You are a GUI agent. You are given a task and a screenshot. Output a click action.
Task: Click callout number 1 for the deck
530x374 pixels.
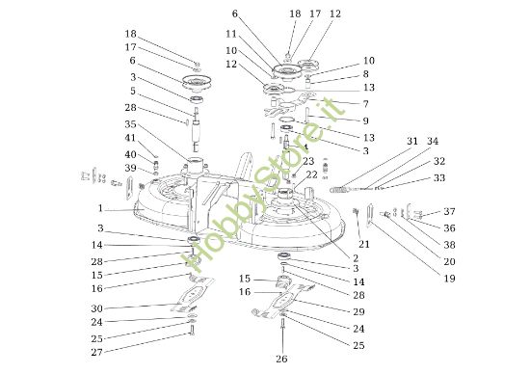click(100, 208)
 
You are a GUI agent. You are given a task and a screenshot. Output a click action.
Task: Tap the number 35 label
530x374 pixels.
click(130, 124)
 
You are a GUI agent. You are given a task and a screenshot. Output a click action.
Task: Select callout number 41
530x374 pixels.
click(130, 138)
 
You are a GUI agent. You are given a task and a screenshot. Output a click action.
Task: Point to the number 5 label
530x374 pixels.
click(133, 91)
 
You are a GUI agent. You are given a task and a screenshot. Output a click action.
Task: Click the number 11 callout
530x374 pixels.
click(231, 34)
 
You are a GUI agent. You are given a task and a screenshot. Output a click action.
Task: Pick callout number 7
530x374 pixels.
click(366, 104)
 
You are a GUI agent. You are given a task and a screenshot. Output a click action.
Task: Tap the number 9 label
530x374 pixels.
click(366, 120)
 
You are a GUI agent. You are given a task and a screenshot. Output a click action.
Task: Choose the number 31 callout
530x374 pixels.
click(412, 141)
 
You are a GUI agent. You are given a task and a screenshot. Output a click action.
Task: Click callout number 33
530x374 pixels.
click(439, 178)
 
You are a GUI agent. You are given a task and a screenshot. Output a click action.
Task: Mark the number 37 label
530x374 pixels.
click(450, 211)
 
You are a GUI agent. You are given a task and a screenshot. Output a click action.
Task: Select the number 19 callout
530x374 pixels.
click(450, 279)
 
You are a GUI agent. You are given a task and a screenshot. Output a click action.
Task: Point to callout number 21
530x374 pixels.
click(364, 244)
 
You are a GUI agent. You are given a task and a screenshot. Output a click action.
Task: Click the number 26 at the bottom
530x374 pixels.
click(281, 359)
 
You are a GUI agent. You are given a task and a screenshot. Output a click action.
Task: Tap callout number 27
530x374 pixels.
click(96, 352)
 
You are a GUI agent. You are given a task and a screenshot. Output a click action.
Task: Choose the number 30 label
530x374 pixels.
click(96, 308)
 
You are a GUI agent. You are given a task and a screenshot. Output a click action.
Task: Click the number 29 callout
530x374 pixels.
click(359, 311)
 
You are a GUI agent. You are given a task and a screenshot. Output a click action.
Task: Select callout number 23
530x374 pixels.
click(308, 161)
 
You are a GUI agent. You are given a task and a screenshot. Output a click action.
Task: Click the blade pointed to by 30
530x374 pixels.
click(193, 294)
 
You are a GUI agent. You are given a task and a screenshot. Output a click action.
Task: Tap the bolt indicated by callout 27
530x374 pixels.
click(192, 331)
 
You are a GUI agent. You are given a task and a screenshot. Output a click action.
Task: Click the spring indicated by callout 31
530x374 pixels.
click(338, 190)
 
